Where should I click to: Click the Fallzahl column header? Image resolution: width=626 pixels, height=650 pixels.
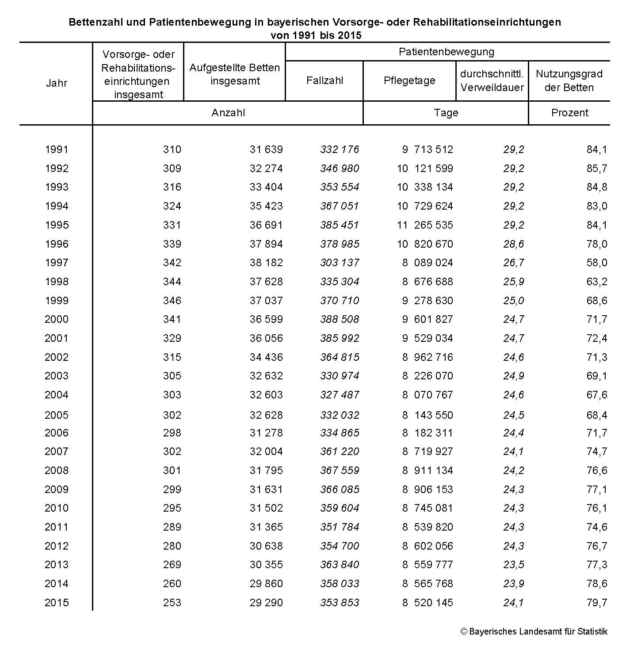[x=324, y=80]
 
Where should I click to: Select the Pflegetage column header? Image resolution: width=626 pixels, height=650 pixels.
[x=409, y=80]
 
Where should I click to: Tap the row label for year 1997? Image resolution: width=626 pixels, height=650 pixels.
[x=57, y=263]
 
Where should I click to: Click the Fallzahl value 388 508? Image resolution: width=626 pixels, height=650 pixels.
[x=340, y=319]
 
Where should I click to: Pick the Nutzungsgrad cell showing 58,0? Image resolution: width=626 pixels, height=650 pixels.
[x=597, y=263]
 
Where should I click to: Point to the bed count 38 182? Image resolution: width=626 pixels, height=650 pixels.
[x=266, y=263]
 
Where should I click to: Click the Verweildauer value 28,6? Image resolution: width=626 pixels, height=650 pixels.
[x=514, y=244]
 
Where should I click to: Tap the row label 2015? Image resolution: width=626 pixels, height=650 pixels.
[x=57, y=603]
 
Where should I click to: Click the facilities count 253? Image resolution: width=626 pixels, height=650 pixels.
[x=172, y=603]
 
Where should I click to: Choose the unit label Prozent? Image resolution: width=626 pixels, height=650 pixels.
[x=569, y=113]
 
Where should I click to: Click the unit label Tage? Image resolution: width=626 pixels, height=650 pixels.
[x=446, y=113]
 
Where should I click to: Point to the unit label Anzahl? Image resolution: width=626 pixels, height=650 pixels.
[x=228, y=113]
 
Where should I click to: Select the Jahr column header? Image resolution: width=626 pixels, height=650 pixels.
[x=57, y=83]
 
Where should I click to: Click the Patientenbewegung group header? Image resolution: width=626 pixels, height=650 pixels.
[x=447, y=52]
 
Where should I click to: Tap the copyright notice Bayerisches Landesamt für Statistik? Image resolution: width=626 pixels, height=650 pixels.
[x=534, y=631]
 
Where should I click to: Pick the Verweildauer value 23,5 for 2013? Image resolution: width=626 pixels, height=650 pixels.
[x=514, y=565]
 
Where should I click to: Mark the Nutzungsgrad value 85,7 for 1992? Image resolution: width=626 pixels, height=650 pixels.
[x=597, y=168]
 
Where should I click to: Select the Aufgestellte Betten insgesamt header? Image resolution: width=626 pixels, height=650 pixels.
[x=235, y=74]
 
